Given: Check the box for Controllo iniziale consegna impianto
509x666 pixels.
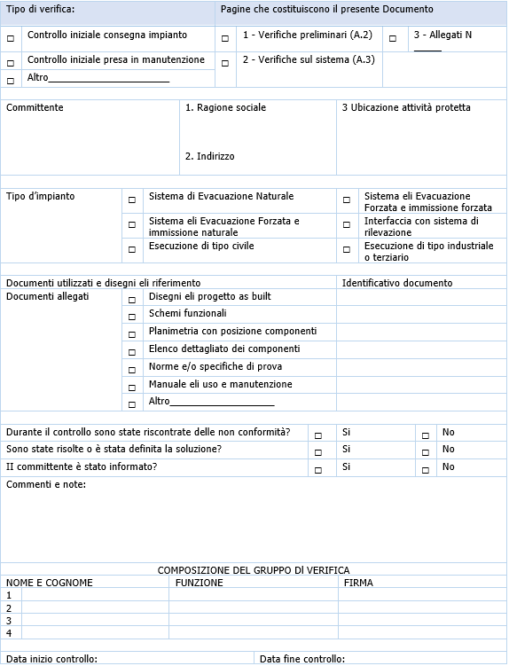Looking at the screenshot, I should [11, 39].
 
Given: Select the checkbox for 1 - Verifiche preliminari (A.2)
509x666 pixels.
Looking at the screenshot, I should [224, 39].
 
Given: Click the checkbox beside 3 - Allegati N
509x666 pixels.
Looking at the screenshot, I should [393, 39].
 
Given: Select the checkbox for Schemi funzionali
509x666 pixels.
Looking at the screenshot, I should [132, 317].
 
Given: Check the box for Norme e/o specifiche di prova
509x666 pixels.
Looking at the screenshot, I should [132, 369].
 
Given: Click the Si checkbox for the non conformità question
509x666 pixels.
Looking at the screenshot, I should [318, 435].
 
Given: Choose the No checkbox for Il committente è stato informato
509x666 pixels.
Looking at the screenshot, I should [426, 470].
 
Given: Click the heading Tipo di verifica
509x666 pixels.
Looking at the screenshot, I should [41, 9].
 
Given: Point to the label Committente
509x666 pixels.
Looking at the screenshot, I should [35, 107].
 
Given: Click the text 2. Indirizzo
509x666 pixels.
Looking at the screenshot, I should [210, 156].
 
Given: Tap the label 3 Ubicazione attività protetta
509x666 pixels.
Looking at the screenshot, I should [406, 107].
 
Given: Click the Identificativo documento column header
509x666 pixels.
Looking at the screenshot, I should [397, 283].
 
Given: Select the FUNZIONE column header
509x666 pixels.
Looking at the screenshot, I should [200, 583].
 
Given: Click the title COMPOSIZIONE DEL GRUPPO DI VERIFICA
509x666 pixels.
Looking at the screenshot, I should [254, 569].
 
